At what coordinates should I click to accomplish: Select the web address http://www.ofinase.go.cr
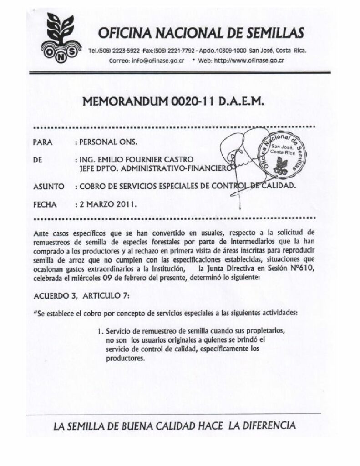[x=249, y=61]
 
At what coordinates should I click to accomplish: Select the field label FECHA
[x=45, y=204]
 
